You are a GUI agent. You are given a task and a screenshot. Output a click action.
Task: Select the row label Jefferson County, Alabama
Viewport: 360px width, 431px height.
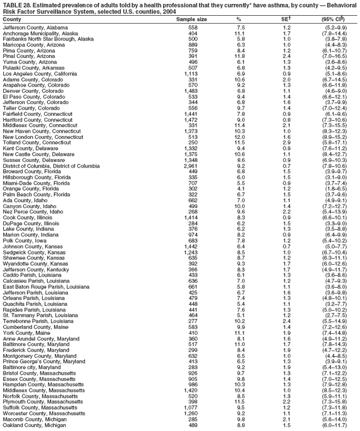click(x=35, y=27)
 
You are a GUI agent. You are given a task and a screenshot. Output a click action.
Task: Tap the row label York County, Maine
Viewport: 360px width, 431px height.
click(x=24, y=333)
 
